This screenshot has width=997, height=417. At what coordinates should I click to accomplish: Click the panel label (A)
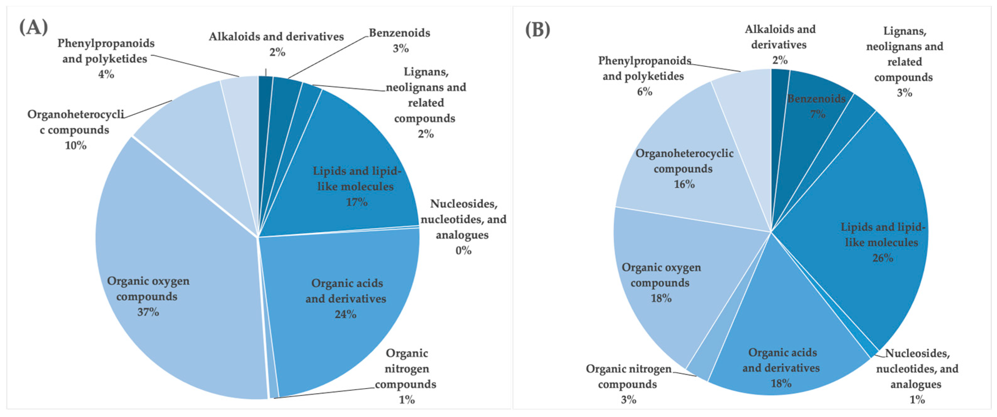pyautogui.click(x=34, y=28)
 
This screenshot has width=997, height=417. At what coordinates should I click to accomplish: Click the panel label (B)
pyautogui.click(x=537, y=29)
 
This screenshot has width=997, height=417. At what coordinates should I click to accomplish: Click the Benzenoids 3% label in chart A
pyautogui.click(x=399, y=40)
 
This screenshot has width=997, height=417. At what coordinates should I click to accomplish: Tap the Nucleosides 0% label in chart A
pyautogui.click(x=463, y=227)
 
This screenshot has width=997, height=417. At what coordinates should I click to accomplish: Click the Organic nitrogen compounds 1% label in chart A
pyautogui.click(x=406, y=376)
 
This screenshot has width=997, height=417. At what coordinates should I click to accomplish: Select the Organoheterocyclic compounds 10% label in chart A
pyautogui.click(x=75, y=130)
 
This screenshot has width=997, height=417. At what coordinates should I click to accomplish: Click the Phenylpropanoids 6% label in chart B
pyautogui.click(x=644, y=76)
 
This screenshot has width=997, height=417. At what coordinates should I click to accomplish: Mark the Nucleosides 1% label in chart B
pyautogui.click(x=917, y=376)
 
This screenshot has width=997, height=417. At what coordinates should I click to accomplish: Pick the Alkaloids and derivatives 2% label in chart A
pyautogui.click(x=276, y=44)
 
